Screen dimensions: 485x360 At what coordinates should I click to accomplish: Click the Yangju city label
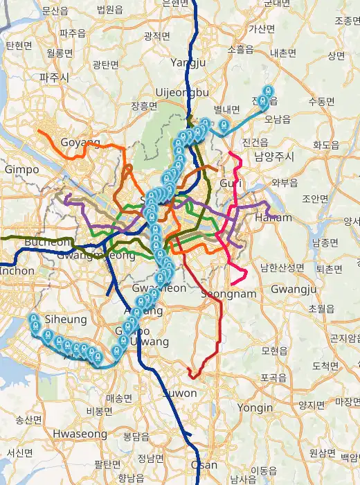point(188,62)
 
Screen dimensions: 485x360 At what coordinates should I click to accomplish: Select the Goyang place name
point(80,142)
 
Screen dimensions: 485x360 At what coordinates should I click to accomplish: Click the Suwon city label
point(180,393)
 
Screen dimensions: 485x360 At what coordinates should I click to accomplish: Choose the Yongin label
point(255,408)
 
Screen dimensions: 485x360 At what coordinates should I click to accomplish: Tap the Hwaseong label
point(80,434)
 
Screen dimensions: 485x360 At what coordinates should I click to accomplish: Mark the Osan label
point(204,465)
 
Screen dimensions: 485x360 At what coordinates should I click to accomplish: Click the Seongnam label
point(228,294)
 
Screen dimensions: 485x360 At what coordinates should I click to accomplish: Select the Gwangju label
point(299,288)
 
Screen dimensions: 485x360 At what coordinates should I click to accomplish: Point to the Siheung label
point(65,319)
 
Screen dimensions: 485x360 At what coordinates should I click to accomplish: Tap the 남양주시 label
point(274,157)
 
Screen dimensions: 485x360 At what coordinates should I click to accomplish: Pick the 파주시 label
point(53,78)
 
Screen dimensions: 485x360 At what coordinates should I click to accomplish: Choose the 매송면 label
point(119,398)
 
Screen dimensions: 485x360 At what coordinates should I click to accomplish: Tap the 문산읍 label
point(55,11)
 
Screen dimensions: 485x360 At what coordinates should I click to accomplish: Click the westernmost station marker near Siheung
point(33,319)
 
